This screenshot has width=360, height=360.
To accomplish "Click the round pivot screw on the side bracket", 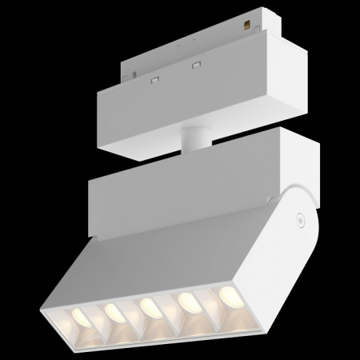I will point(298,215).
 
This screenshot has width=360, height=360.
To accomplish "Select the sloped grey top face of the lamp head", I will point(160,256).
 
